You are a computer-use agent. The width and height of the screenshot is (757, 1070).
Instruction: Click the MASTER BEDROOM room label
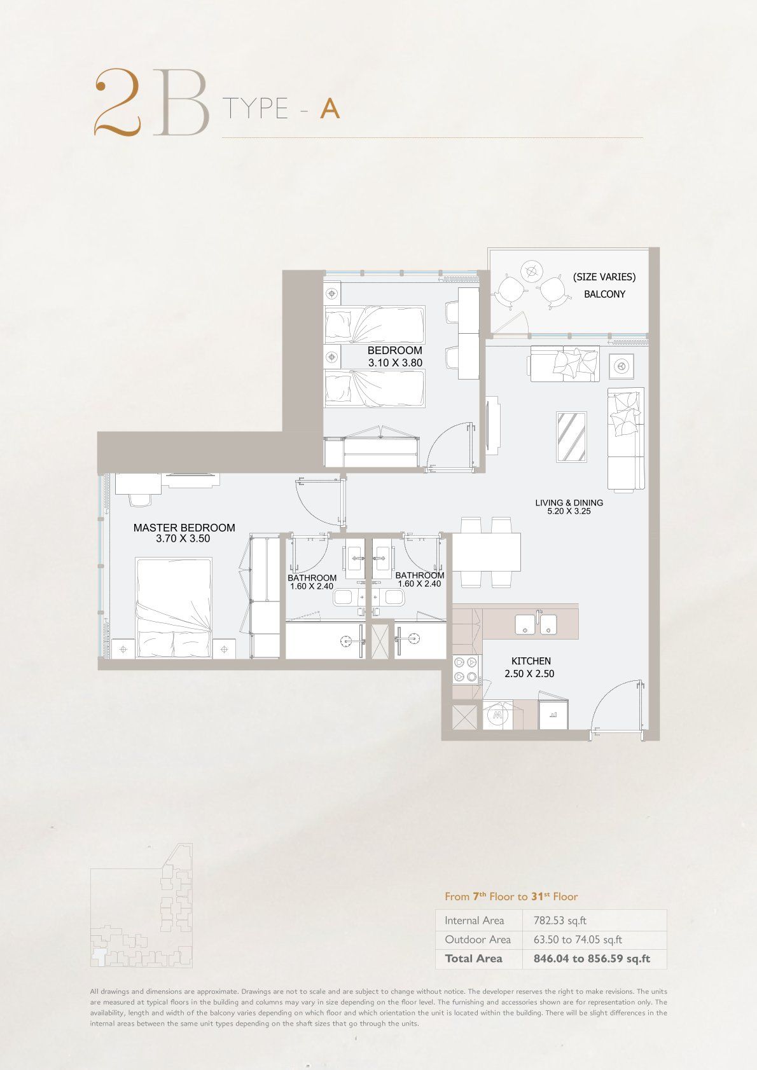coord(184,528)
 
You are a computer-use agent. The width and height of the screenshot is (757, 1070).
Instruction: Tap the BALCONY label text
coord(604,294)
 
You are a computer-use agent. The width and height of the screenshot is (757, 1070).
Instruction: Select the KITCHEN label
coord(531,661)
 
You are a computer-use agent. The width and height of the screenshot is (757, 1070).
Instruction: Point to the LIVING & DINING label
coord(569,502)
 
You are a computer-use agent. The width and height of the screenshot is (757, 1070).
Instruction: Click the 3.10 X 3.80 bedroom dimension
coord(395,363)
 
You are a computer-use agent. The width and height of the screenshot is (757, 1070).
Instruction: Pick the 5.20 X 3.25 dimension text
coord(569,511)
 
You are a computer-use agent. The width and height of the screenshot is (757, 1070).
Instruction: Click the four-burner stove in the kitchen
coord(466,669)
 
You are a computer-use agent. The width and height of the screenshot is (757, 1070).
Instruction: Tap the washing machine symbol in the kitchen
coord(497,715)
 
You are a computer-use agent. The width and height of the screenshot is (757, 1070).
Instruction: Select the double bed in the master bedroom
coord(174,608)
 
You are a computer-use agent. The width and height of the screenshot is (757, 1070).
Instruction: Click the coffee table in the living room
coord(572,437)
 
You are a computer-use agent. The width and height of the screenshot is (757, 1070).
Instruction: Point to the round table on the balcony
coord(531,272)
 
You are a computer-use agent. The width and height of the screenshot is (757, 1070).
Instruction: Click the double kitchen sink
coord(536,624)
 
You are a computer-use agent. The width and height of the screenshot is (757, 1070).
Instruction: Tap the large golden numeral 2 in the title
coord(117,101)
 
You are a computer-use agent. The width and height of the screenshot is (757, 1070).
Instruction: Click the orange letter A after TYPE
coord(330,109)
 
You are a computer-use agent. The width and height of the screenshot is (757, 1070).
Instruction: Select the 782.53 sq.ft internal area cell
coord(560,921)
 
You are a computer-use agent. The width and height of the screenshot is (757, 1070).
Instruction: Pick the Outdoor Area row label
coord(478,940)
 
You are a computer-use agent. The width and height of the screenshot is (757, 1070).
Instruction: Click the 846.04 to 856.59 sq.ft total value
coord(592,959)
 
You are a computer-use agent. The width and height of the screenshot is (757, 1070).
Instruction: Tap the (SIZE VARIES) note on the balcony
coord(604,277)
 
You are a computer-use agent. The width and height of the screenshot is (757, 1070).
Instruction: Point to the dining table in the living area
coord(486,552)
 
